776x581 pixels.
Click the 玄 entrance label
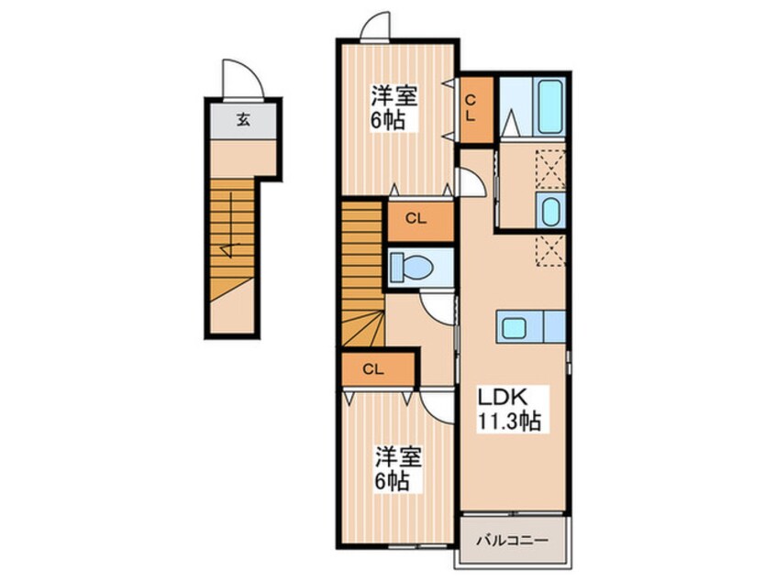[x=243, y=118]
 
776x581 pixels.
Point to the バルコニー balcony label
[x=512, y=541]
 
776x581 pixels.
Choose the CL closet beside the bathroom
[x=476, y=109]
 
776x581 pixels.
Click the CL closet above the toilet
[x=417, y=219]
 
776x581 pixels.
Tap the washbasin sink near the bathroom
[x=550, y=211]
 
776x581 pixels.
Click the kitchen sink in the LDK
[x=513, y=326]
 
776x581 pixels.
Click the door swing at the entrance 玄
[x=240, y=79]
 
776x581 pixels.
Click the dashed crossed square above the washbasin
[x=549, y=168]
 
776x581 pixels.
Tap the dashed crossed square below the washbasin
[x=549, y=249]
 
